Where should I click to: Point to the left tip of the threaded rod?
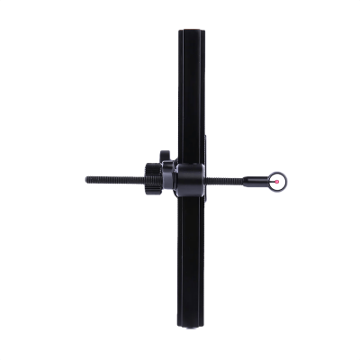pos(87,179)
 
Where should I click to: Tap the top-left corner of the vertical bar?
pos(179,31)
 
